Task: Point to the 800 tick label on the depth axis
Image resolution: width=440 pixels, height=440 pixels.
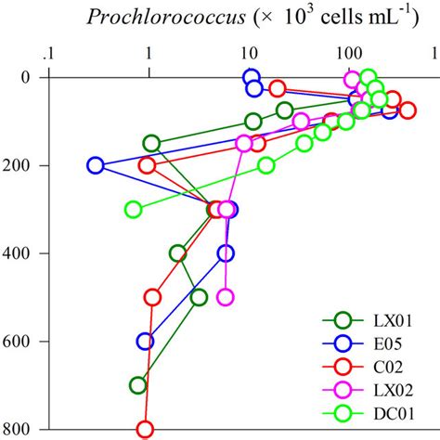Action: pyautogui.click(x=20, y=429)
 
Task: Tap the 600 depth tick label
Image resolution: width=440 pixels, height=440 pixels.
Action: pyautogui.click(x=20, y=341)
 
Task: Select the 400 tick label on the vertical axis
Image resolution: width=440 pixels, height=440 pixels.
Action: pyautogui.click(x=20, y=252)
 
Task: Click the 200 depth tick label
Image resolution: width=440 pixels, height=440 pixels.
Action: pyautogui.click(x=20, y=165)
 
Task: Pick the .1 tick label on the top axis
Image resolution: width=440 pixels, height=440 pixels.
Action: pyautogui.click(x=50, y=53)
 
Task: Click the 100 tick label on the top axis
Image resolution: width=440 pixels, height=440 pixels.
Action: pyautogui.click(x=349, y=53)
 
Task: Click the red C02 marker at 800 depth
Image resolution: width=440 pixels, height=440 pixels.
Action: pyautogui.click(x=145, y=429)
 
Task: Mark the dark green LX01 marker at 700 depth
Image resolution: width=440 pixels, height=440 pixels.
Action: pyautogui.click(x=138, y=385)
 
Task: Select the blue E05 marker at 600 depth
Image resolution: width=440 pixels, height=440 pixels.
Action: pyautogui.click(x=145, y=341)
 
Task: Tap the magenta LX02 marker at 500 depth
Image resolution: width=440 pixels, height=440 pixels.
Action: pyautogui.click(x=225, y=297)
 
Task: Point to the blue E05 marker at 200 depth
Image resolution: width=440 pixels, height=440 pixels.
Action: pyautogui.click(x=96, y=165)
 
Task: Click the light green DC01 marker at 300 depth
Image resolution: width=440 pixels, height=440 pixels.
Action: pyautogui.click(x=134, y=210)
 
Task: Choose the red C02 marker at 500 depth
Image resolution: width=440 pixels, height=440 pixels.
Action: pyautogui.click(x=153, y=297)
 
